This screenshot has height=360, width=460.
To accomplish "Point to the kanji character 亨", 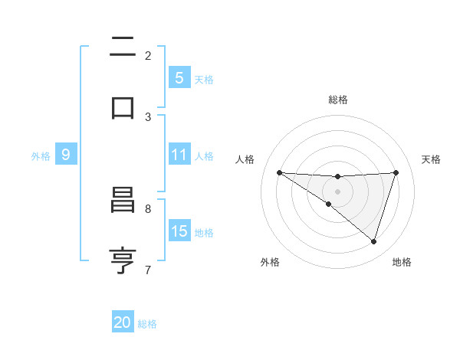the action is (x=122, y=261).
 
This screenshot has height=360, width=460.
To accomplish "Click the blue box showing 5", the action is (x=179, y=78).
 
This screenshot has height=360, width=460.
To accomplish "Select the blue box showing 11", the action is (x=179, y=155).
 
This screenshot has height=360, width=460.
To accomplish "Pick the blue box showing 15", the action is (x=179, y=231).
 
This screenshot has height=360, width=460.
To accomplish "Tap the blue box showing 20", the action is (x=123, y=322).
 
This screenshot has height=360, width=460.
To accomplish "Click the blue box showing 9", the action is (x=66, y=155).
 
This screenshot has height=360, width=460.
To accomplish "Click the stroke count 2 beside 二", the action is (x=148, y=55).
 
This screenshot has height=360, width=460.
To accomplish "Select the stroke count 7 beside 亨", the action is (x=148, y=269).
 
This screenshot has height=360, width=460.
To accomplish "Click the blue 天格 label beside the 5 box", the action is (x=204, y=79).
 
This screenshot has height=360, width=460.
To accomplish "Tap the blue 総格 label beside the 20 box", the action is (x=147, y=323).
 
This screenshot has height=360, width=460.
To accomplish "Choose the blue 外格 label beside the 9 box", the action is (x=41, y=155).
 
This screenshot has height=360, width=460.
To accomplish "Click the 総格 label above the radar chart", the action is (x=338, y=100).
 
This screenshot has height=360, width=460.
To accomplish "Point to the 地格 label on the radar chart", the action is (x=402, y=262).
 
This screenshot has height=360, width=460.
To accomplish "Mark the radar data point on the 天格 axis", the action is (x=396, y=172).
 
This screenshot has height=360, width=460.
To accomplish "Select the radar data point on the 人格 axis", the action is (x=279, y=172).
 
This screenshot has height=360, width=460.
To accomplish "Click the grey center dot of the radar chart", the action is (x=337, y=191).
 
